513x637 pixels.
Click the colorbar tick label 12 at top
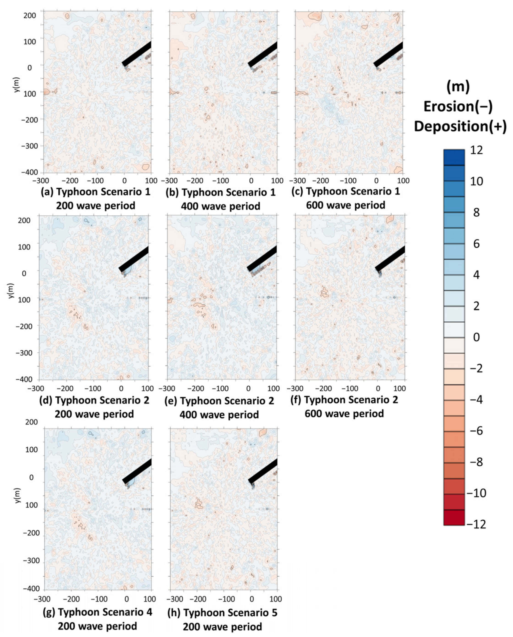[476, 150]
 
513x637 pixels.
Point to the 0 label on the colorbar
[476, 337]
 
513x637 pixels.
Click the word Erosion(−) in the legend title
[458, 106]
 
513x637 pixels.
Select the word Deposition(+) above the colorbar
[460, 126]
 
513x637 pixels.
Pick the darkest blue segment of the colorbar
[454, 157]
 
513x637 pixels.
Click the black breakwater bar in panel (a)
[136, 54]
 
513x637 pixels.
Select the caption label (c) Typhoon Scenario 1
[345, 192]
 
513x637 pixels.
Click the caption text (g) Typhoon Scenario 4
[98, 612]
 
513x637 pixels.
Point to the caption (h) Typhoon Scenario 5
[222, 613]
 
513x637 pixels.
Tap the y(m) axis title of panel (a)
[17, 85]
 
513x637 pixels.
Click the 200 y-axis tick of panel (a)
[30, 15]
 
